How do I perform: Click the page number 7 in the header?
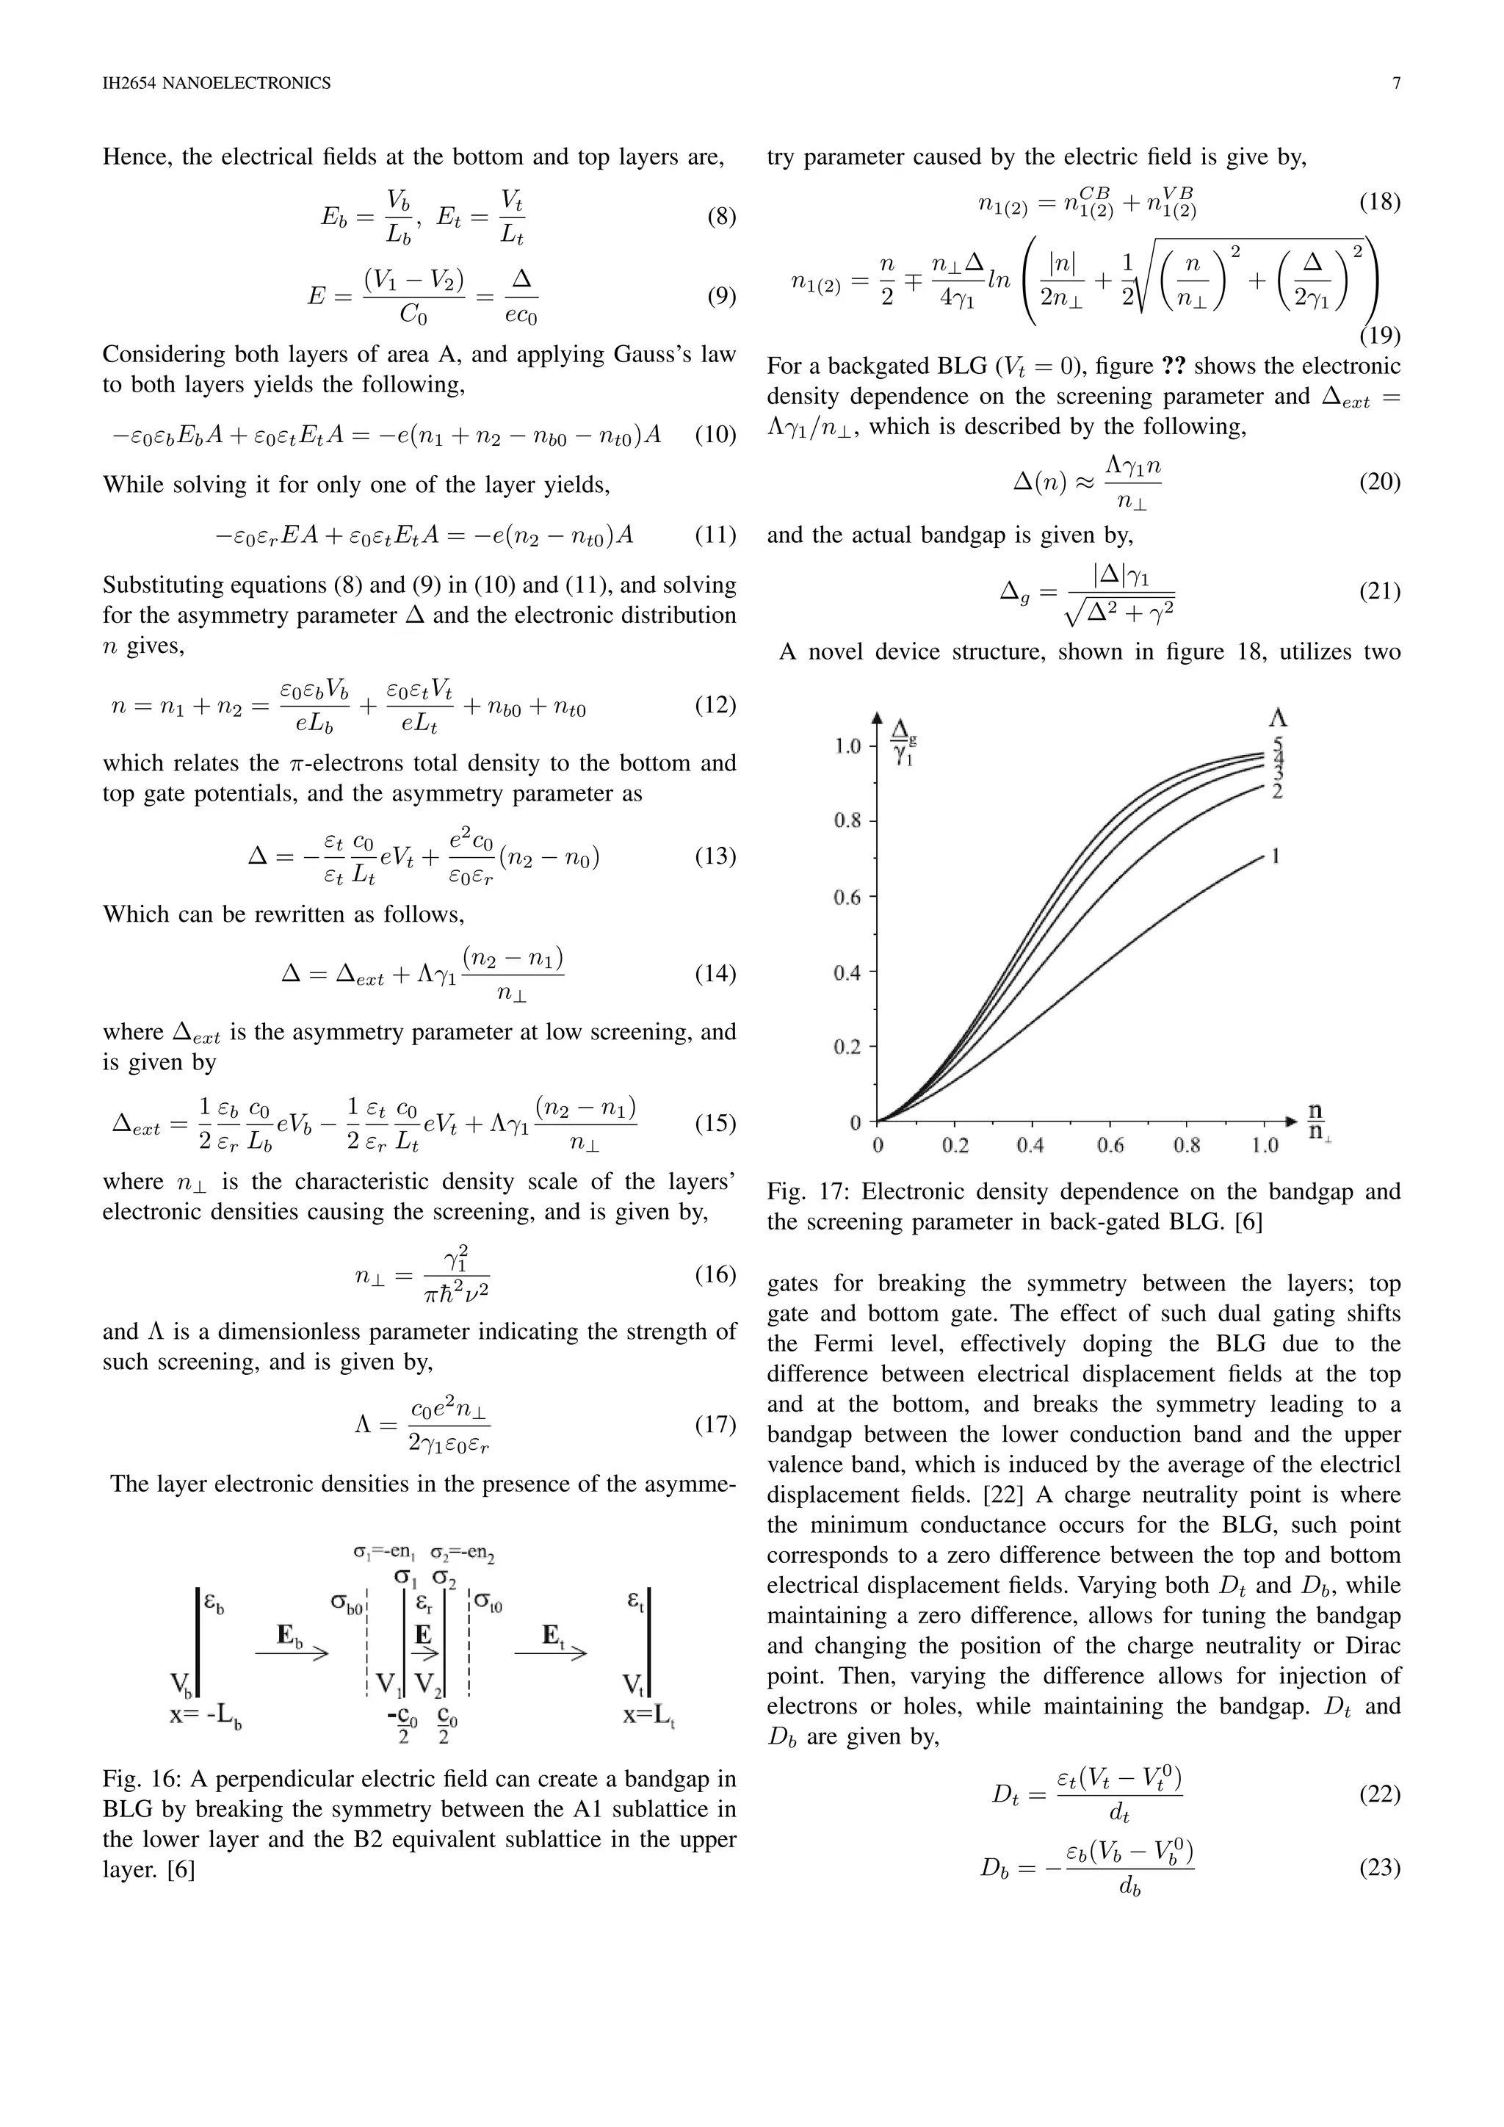(1395, 84)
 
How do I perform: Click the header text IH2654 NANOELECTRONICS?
(217, 84)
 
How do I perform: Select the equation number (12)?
(715, 705)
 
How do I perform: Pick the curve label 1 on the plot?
(1276, 856)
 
